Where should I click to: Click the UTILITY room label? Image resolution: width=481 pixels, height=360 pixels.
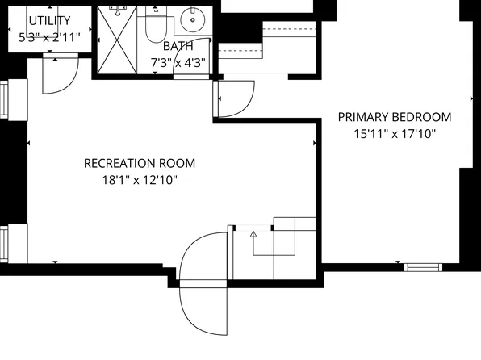click(48, 20)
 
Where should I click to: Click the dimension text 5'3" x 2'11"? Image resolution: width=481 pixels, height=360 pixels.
click(48, 36)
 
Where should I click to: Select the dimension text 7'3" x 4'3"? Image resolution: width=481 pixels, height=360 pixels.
click(178, 62)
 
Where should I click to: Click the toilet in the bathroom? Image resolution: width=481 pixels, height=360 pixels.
click(155, 27)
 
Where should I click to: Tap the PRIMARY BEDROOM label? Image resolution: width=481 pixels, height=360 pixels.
click(394, 117)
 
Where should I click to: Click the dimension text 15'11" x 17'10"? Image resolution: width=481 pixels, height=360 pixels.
click(395, 134)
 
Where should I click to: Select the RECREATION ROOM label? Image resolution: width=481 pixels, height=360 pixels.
click(140, 163)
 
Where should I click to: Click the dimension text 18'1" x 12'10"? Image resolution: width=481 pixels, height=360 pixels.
click(140, 180)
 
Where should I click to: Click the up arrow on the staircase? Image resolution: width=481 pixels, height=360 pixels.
click(253, 234)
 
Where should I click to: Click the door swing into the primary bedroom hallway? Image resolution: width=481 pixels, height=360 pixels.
click(234, 98)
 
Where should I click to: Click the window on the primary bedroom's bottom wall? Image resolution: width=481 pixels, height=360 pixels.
click(423, 266)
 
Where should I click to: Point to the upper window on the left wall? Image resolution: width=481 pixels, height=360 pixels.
click(6, 99)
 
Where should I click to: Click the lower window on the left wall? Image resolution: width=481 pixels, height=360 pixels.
click(6, 244)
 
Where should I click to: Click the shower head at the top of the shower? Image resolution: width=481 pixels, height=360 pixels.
click(117, 10)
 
